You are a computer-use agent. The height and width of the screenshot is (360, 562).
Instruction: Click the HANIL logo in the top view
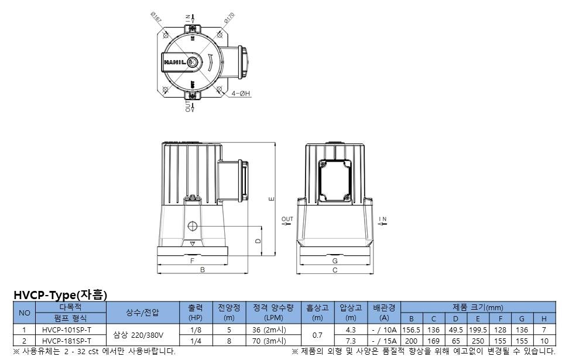point(175,62)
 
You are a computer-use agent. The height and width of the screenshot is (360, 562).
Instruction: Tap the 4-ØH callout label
point(241,93)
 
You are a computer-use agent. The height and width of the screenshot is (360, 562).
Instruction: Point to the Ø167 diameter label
point(156,17)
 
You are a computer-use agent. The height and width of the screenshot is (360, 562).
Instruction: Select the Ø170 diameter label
point(229,18)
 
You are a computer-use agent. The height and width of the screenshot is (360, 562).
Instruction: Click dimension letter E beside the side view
point(271,198)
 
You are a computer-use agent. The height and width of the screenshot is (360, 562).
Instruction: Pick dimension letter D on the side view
point(258,241)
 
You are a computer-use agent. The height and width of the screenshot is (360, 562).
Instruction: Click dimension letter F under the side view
point(192,260)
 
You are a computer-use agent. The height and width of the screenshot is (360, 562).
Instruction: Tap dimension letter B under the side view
point(202,270)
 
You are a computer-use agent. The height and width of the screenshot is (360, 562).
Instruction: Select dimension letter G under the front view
point(335,260)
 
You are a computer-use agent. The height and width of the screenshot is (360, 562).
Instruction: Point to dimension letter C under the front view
point(335,270)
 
